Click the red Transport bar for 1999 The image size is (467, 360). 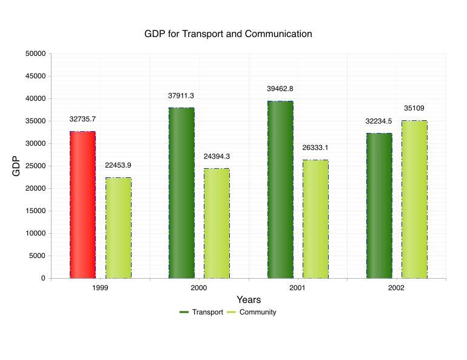82,205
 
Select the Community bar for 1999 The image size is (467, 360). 118,228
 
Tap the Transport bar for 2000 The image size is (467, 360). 181,193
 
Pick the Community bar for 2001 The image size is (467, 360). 315,219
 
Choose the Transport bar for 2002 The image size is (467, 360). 379,206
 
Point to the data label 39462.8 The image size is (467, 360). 280,89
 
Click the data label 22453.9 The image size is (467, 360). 118,165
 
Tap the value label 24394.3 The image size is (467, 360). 217,156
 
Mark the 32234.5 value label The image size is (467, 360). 378,121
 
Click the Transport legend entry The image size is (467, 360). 201,312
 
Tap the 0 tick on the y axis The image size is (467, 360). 42,278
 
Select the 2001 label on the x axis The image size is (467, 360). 297,288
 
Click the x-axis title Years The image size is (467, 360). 249,300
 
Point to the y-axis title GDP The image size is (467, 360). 16,166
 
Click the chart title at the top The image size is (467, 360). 228,34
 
